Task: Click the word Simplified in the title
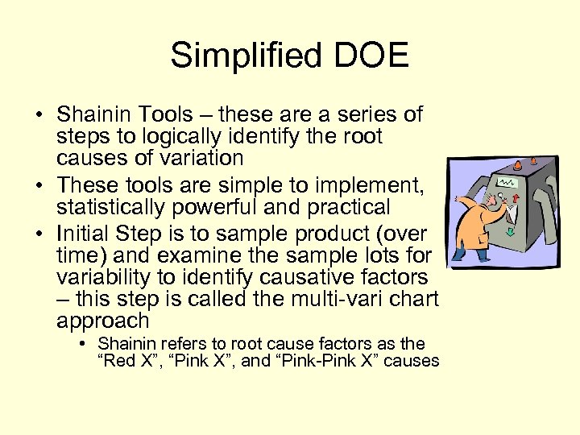239,56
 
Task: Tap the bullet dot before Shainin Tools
39,115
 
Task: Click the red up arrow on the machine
533,196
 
